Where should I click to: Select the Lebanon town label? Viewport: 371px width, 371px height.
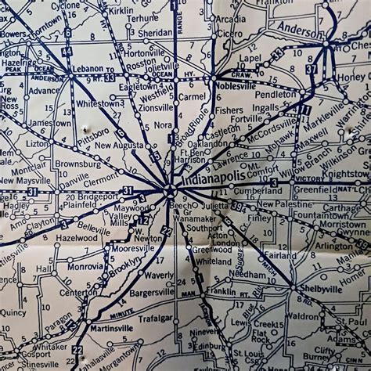(87, 69)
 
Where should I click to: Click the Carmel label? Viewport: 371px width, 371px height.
(192, 97)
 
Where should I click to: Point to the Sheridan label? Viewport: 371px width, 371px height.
(153, 34)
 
